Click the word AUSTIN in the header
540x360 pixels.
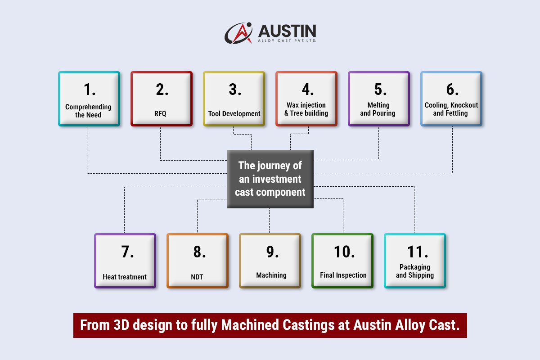pyautogui.click(x=287, y=31)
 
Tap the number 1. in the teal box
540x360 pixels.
pyautogui.click(x=90, y=90)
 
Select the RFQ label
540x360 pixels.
pyautogui.click(x=160, y=114)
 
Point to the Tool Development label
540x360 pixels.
pyautogui.click(x=234, y=114)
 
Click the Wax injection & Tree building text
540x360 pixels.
pyautogui.click(x=306, y=109)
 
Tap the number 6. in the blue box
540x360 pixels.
pyautogui.click(x=452, y=90)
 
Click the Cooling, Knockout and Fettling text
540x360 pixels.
pyautogui.click(x=451, y=109)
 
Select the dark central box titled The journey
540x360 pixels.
pyautogui.click(x=270, y=179)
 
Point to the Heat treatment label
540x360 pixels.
pyautogui.click(x=125, y=277)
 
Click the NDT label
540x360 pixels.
pyautogui.click(x=197, y=277)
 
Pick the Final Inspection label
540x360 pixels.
pyautogui.click(x=343, y=275)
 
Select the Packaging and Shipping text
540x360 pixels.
pyautogui.click(x=415, y=271)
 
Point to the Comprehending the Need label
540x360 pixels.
pyautogui.click(x=88, y=111)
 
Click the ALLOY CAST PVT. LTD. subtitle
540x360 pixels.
pyautogui.click(x=287, y=40)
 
